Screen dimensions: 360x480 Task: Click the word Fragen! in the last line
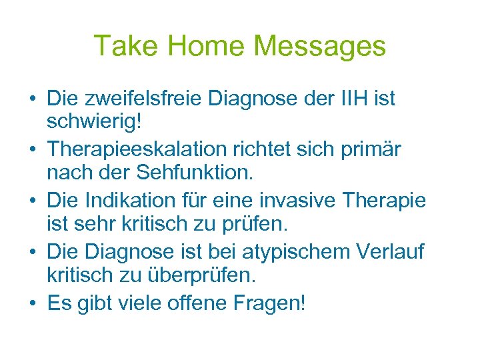coord(273,304)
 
